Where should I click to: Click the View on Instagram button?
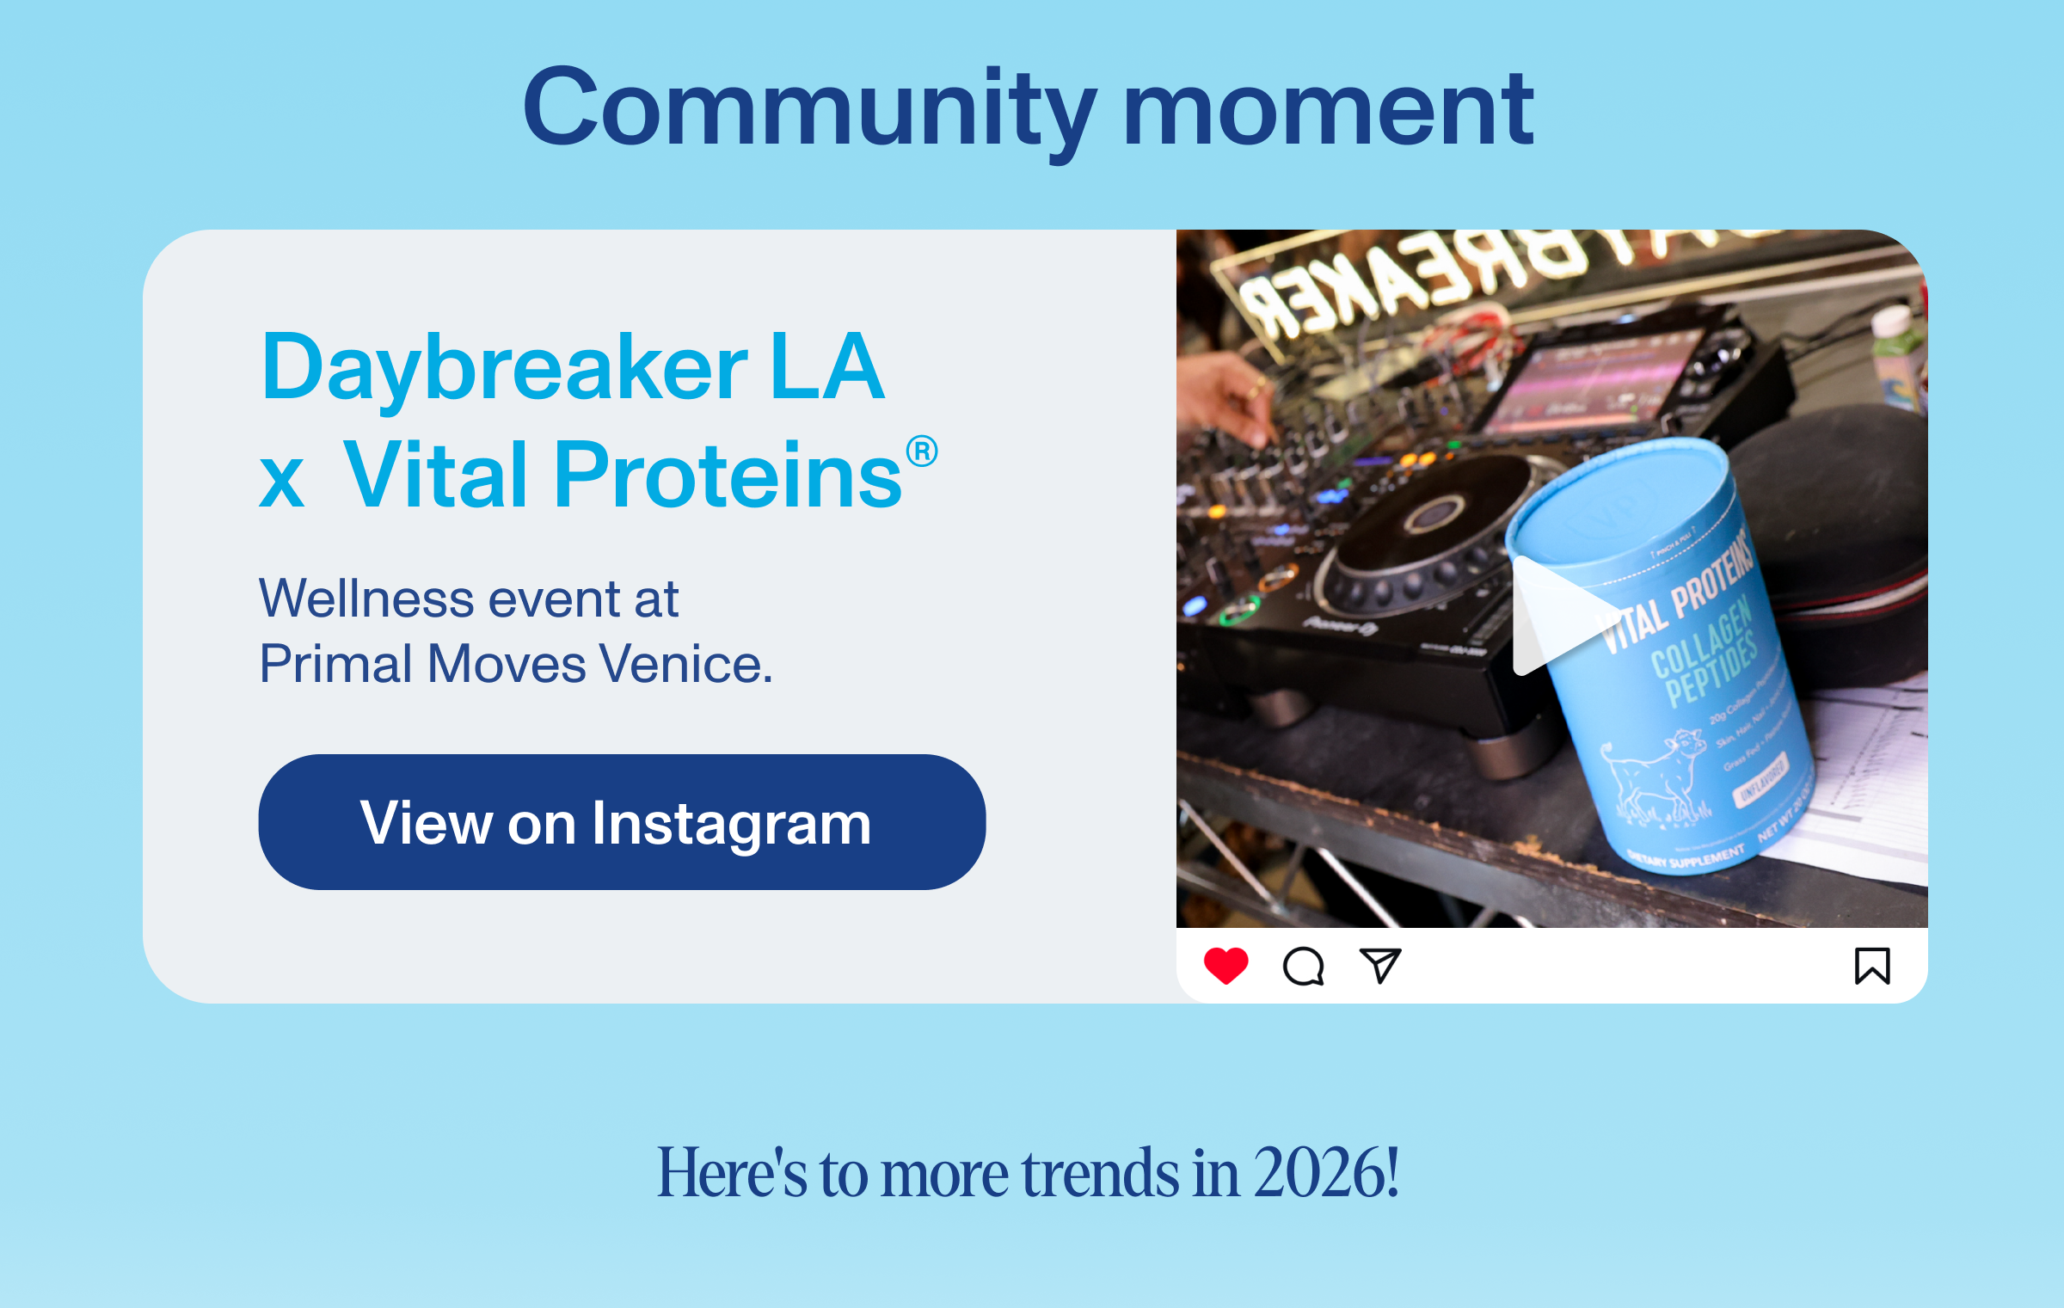pos(621,822)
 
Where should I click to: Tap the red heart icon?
pos(1225,966)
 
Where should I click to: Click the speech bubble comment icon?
pos(1303,967)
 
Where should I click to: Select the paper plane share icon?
pos(1379,966)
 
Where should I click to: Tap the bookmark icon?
pos(1871,966)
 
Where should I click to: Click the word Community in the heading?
pos(808,109)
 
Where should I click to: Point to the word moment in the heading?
pos(1328,109)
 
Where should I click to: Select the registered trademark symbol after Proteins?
pos(921,451)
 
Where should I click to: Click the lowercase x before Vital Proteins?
pos(282,481)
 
